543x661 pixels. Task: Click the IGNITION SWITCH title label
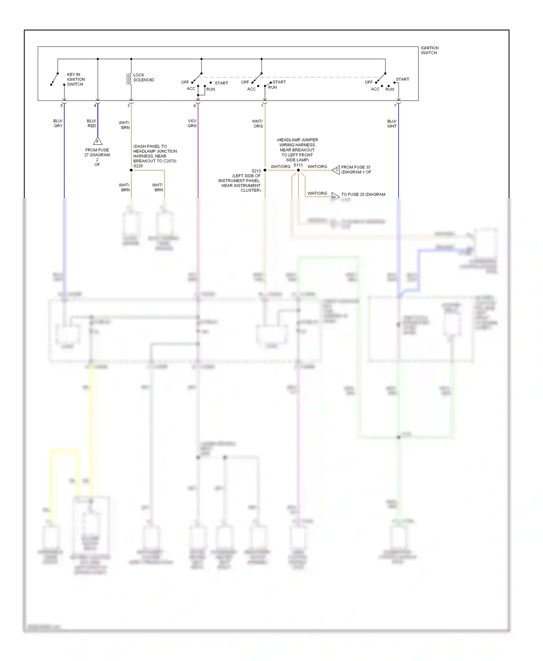(429, 50)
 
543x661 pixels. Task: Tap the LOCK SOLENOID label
(143, 77)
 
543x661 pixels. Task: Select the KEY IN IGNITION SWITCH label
(76, 79)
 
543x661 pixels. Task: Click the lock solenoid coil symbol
(129, 79)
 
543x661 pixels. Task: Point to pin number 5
(62, 106)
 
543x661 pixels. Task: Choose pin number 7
(395, 106)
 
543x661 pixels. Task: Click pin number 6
(195, 106)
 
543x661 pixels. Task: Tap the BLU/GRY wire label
(58, 123)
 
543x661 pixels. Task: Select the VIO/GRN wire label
(192, 123)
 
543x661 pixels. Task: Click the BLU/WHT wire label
(392, 124)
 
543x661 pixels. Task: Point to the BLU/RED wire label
(92, 123)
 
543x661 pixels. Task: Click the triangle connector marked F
(98, 141)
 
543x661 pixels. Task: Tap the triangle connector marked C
(336, 170)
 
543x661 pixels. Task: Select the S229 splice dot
(131, 170)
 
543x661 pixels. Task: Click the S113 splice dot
(298, 170)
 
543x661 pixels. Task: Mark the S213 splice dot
(265, 170)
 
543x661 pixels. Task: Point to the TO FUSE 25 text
(363, 195)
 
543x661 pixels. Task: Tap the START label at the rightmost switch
(402, 79)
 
